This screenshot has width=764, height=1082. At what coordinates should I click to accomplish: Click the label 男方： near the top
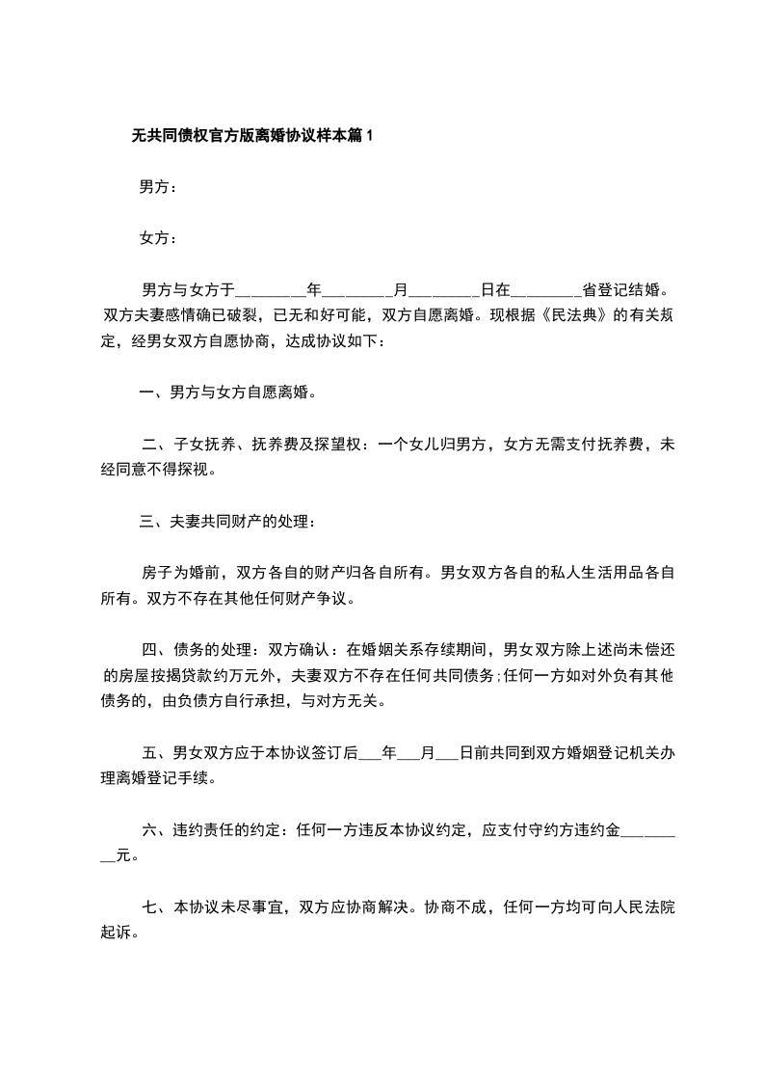coord(158,188)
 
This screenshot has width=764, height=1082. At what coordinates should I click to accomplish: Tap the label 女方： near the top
coord(158,238)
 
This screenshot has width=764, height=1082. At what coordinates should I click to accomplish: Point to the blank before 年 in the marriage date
coord(271,290)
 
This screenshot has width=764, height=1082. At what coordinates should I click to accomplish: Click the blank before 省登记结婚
coord(546,290)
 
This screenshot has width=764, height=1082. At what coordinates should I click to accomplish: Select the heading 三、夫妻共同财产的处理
coord(227,522)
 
